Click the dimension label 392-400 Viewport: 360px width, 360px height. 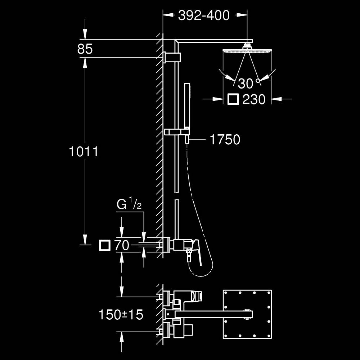204,15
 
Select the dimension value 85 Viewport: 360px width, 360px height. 85,49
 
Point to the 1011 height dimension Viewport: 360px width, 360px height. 84,152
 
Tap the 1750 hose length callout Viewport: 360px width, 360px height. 225,139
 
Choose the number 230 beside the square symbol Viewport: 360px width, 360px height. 254,99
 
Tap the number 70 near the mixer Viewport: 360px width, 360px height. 122,246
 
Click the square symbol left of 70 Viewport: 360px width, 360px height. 105,246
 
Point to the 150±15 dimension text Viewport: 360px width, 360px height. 121,315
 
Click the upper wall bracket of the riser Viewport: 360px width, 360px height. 172,57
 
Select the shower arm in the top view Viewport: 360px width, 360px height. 212,314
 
